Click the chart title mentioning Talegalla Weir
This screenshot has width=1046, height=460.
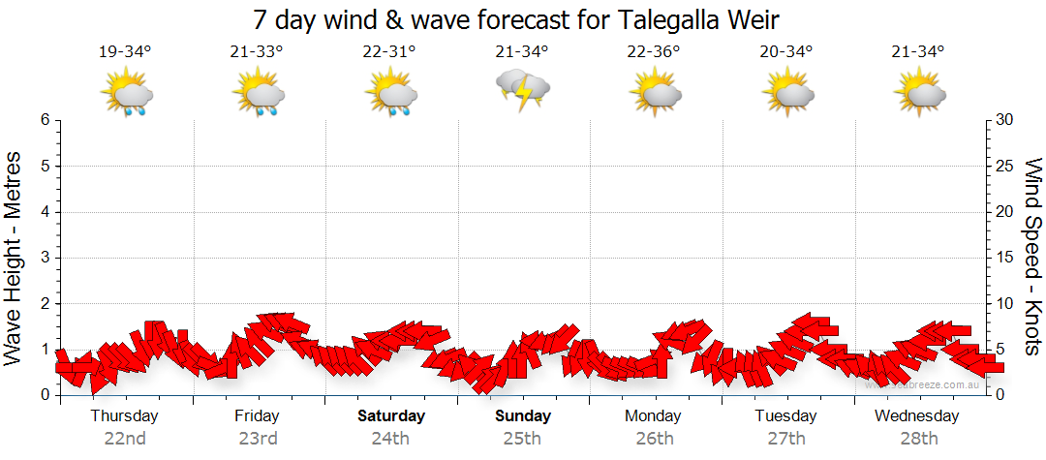[x=515, y=18]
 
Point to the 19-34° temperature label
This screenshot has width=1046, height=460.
[x=125, y=51]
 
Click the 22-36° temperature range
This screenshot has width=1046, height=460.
[x=654, y=51]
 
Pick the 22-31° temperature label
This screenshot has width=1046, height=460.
[x=389, y=51]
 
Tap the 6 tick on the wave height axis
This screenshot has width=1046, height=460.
[x=45, y=120]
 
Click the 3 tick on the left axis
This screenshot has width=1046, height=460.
[x=45, y=258]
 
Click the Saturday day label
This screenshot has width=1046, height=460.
[x=391, y=416]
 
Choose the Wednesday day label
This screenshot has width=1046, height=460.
[x=916, y=416]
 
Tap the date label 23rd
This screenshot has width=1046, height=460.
[x=258, y=439]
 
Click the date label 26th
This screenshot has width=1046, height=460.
[x=655, y=439]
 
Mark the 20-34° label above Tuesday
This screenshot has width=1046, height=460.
[x=786, y=51]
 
